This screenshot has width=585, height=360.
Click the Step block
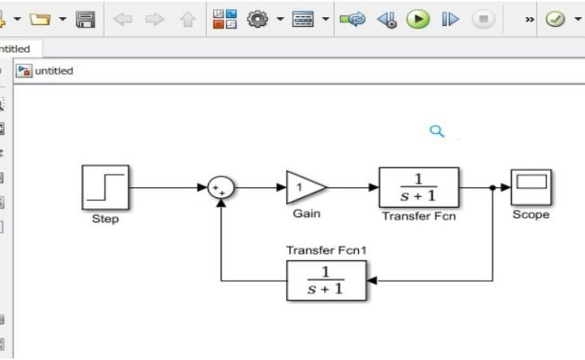coord(104,187)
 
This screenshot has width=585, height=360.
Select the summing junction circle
coord(220,188)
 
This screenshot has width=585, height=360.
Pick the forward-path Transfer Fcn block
coord(418,187)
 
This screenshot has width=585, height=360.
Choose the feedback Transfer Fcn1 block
coord(327,280)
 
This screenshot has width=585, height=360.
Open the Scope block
coord(530,187)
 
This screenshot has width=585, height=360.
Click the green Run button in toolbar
coord(418,18)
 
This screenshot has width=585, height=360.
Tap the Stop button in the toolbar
coord(482,18)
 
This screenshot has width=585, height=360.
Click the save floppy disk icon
coord(85,18)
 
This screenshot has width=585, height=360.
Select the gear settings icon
coord(259,18)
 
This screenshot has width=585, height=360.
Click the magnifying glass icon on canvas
coord(437,131)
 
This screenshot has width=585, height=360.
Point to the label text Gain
coord(306,214)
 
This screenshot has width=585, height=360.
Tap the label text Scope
coord(530,215)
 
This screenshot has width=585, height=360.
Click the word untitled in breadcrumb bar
coord(54,71)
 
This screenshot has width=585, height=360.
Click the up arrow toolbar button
coord(188,18)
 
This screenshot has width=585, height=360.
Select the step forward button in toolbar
coord(450,18)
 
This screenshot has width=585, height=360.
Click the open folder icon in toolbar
coord(39,18)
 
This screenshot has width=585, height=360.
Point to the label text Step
coord(104,220)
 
